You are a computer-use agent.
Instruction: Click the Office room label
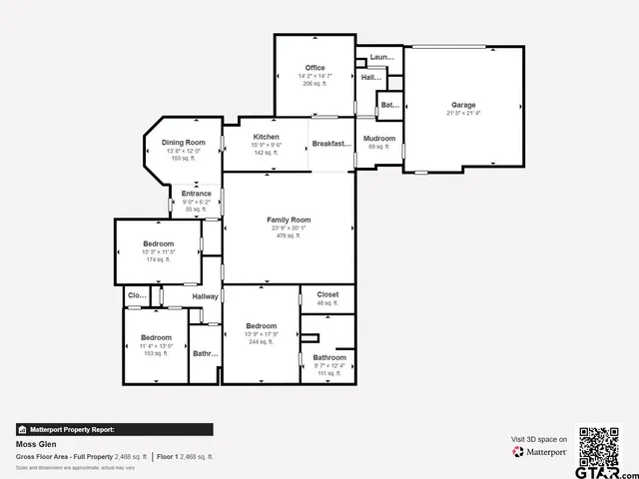pyautogui.click(x=315, y=68)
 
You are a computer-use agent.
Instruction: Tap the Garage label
pyautogui.click(x=463, y=105)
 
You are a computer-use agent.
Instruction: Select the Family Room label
pyautogui.click(x=289, y=220)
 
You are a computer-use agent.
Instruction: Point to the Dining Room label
pyautogui.click(x=184, y=143)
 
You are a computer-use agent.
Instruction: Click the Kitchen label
pyautogui.click(x=266, y=137)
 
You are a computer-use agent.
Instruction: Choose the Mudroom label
pyautogui.click(x=379, y=139)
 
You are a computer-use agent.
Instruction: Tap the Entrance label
pyautogui.click(x=196, y=194)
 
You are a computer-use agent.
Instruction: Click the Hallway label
pyautogui.click(x=205, y=296)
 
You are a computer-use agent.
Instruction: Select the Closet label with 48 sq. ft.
pyautogui.click(x=327, y=294)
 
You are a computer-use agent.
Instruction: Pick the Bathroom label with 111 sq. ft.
pyautogui.click(x=329, y=357)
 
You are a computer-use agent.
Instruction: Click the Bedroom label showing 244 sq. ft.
pyautogui.click(x=262, y=326)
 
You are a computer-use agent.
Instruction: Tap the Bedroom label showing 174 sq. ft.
pyautogui.click(x=158, y=244)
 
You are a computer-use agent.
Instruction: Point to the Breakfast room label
pyautogui.click(x=331, y=144)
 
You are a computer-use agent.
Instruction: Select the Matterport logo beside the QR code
pyautogui.click(x=541, y=452)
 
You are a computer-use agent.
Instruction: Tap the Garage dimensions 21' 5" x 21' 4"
pyautogui.click(x=463, y=114)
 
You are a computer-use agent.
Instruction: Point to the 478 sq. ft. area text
pyautogui.click(x=289, y=237)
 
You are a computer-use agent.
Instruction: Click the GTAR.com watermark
pyautogui.click(x=608, y=468)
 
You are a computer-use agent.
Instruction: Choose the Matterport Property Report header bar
pyautogui.click(x=114, y=429)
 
